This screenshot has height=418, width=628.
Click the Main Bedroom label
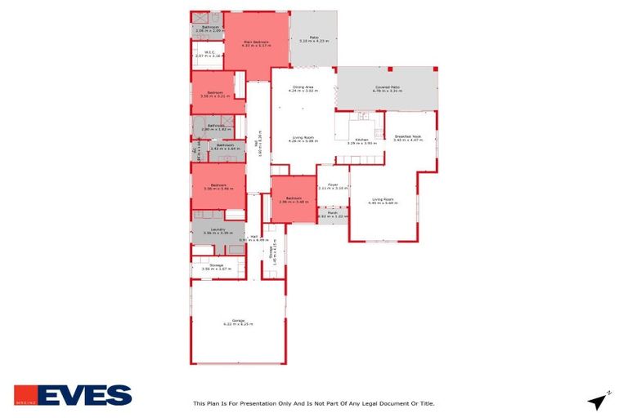256,42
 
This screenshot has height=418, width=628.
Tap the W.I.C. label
209,55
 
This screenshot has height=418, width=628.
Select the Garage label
238,322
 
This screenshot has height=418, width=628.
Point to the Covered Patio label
386,88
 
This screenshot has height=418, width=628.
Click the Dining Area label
303,88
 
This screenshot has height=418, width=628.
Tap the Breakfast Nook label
407,138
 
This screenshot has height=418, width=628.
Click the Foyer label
333,186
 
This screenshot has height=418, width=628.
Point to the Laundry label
218,230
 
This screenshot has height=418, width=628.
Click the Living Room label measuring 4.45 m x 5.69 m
382,201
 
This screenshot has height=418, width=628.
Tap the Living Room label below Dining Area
303,139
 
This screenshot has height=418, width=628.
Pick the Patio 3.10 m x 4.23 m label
313,38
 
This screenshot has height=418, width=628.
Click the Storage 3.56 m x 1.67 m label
217,266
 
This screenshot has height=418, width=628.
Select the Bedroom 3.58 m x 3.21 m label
215,94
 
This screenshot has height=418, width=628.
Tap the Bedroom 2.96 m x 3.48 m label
294,199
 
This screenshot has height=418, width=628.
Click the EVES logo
73,395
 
